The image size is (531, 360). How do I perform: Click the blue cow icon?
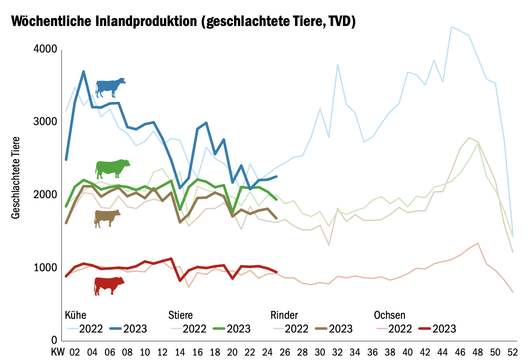pyautogui.click(x=110, y=87)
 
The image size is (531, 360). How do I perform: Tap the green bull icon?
pyautogui.click(x=112, y=168)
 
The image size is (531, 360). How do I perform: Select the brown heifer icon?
pyautogui.click(x=107, y=218)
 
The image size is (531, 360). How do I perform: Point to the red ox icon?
pyautogui.click(x=109, y=285)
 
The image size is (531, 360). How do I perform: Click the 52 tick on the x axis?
pyautogui.click(x=513, y=352)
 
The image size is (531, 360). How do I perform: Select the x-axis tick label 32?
pyautogui.click(x=338, y=352)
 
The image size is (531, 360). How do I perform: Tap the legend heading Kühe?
pyautogui.click(x=76, y=314)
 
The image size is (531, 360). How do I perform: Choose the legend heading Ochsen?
pyautogui.click(x=390, y=314)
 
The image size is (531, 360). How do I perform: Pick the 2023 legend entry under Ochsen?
pyautogui.click(x=444, y=328)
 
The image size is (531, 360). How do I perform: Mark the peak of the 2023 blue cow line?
pyautogui.click(x=83, y=72)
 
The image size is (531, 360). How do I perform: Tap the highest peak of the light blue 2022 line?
pyautogui.click(x=451, y=27)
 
